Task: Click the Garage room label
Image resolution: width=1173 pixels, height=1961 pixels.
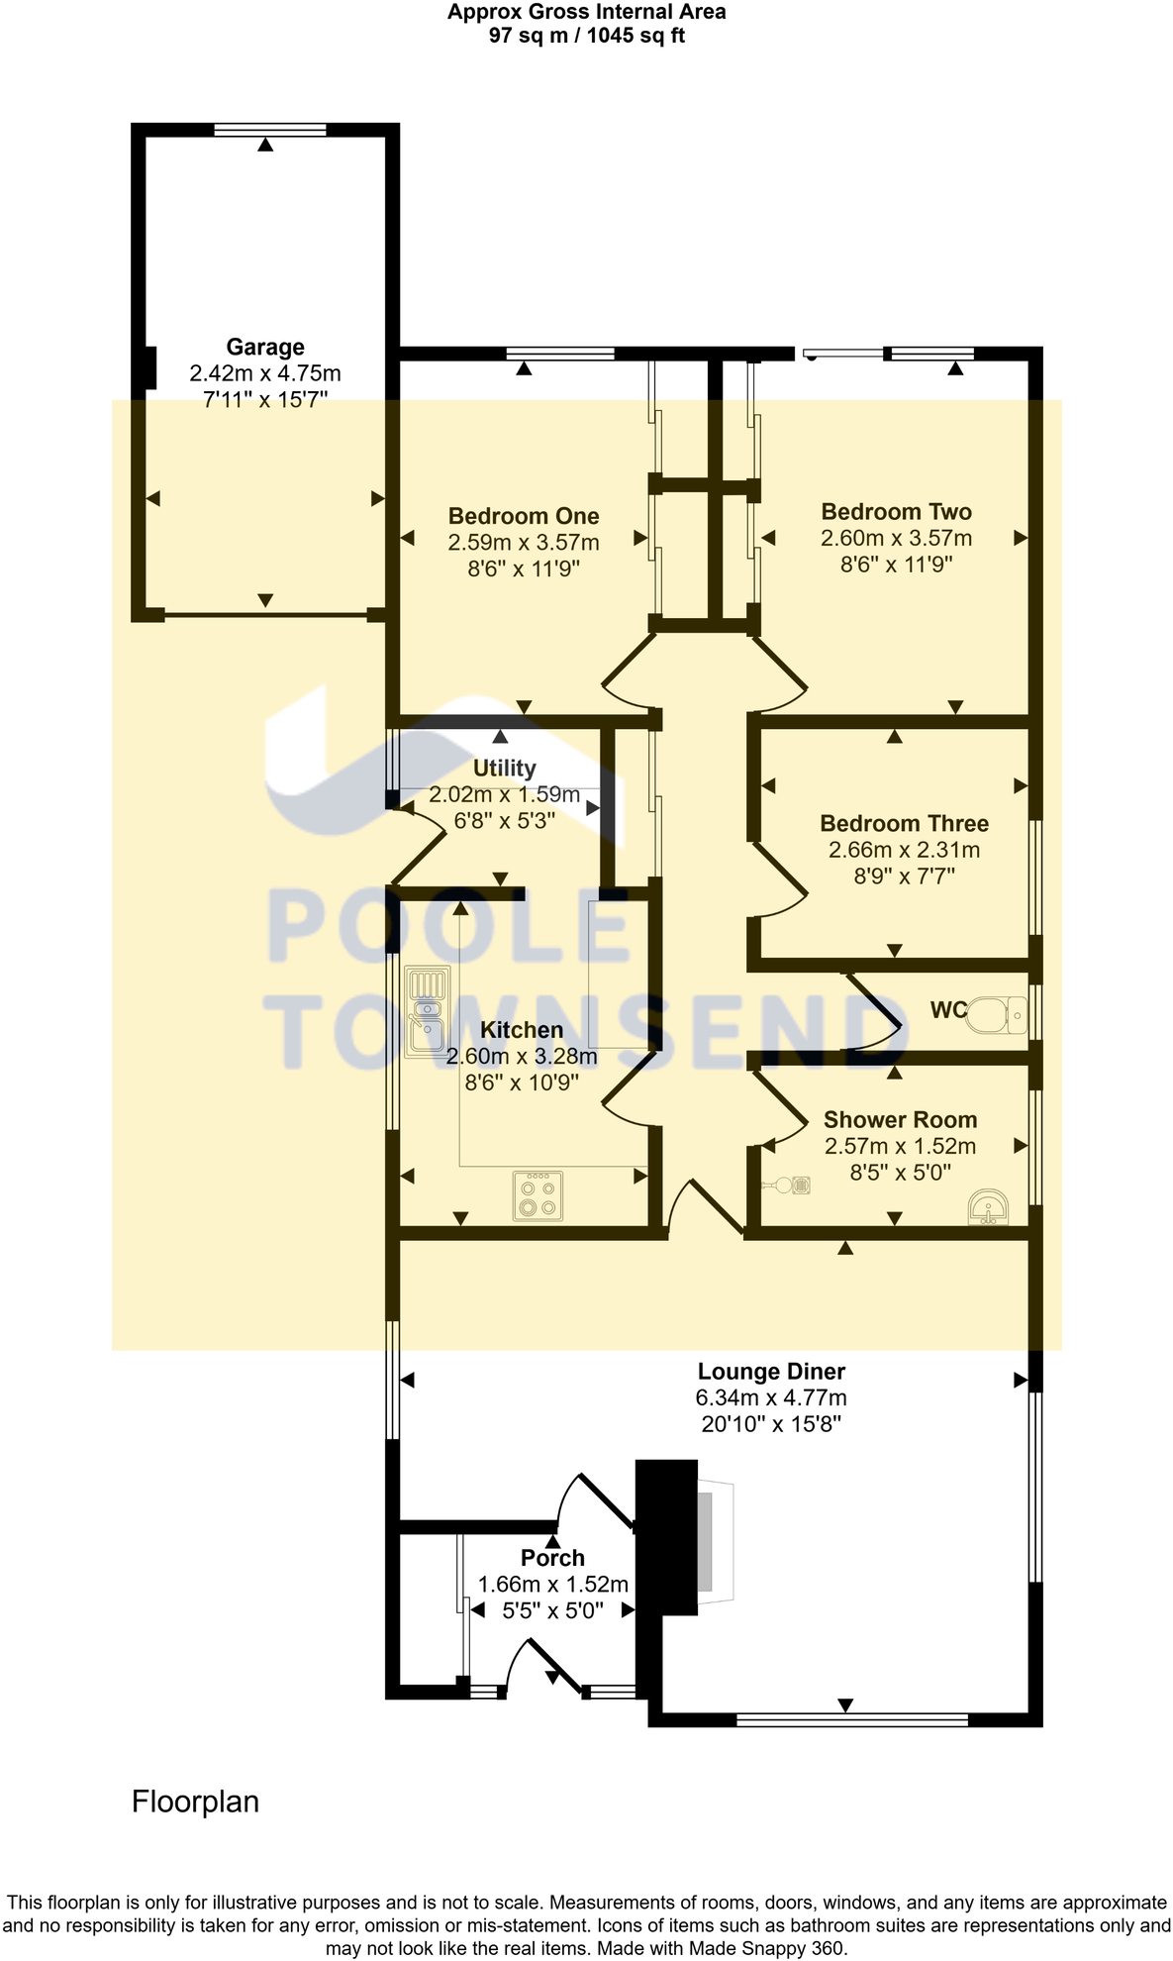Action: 265,347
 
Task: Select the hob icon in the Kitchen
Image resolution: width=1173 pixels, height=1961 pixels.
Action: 538,1195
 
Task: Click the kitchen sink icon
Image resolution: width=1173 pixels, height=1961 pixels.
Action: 428,1011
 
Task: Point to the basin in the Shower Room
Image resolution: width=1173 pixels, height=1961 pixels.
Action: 988,1207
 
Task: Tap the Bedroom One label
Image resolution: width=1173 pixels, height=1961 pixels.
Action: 524,516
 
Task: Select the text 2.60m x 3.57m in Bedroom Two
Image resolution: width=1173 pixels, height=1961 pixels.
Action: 896,538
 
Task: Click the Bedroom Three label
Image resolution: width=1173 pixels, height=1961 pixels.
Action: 904,823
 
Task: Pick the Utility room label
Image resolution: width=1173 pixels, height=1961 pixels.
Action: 504,769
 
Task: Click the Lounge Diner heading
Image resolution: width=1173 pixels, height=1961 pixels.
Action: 771,1372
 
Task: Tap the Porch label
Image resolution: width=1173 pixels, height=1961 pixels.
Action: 552,1558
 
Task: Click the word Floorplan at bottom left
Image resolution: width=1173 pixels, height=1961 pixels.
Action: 195,1801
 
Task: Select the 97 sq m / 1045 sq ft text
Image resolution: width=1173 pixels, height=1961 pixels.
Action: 586,36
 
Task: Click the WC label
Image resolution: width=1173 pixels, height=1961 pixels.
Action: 947,1010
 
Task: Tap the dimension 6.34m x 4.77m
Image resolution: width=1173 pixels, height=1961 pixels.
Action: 771,1398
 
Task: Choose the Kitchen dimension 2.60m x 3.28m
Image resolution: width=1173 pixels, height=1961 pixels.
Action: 522,1057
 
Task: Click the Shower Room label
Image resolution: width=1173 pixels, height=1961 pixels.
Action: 900,1120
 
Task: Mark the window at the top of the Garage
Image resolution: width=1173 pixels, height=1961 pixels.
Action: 270,129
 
